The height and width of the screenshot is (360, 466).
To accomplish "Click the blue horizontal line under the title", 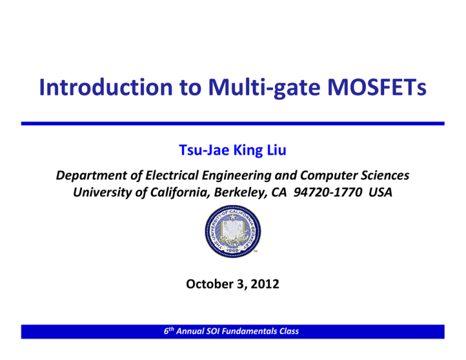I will [233, 123].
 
